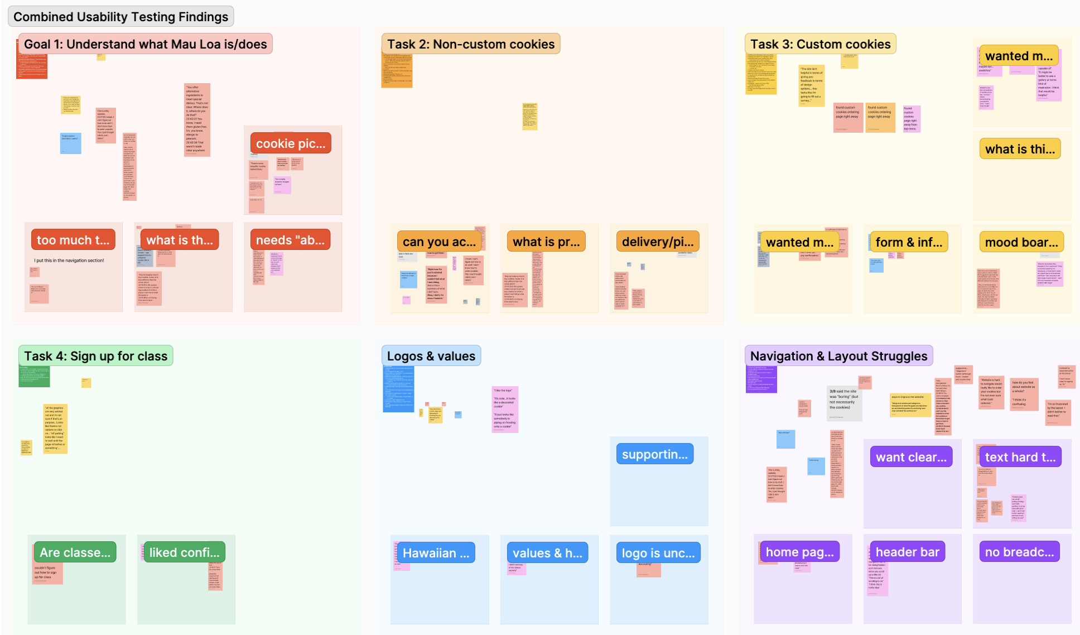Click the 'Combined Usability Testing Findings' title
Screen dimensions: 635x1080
click(120, 17)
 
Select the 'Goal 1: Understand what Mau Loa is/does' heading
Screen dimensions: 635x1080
click(145, 44)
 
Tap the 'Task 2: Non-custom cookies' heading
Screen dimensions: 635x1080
click(470, 44)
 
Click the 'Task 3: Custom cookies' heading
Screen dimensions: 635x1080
click(820, 44)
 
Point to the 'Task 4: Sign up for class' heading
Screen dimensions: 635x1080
click(95, 356)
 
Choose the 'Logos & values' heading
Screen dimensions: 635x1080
click(431, 356)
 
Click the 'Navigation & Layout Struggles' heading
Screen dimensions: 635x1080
click(838, 356)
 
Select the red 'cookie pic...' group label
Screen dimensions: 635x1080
click(290, 143)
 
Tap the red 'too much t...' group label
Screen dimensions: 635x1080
click(73, 240)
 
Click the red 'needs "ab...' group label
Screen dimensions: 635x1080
click(290, 240)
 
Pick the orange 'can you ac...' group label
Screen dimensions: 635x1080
click(439, 242)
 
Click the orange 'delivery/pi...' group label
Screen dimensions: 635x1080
click(658, 242)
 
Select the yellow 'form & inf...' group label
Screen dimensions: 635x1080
click(908, 242)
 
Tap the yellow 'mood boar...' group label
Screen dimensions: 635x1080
click(1021, 242)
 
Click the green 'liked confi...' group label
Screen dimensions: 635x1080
click(184, 552)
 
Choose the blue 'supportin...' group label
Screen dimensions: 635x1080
click(654, 454)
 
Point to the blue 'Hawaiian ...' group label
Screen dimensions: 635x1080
click(436, 553)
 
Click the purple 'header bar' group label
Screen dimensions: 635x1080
click(907, 552)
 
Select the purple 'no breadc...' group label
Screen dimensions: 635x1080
click(1019, 552)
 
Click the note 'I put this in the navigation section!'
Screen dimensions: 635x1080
click(69, 261)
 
